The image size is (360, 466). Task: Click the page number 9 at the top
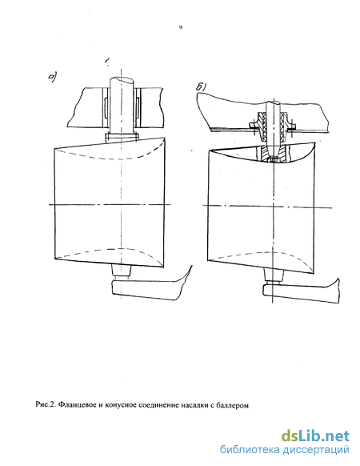[x=180, y=28]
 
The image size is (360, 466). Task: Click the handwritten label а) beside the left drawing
[x=53, y=78]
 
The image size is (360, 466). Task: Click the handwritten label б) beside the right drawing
[x=202, y=86]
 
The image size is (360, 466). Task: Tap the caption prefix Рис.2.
[x=46, y=404]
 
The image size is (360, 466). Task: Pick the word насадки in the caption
[x=194, y=405]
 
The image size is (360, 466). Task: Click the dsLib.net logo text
[x=315, y=436]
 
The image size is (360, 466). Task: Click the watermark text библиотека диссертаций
[x=285, y=450]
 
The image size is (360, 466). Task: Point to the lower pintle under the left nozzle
[x=121, y=271]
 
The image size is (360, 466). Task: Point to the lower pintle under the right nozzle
[x=274, y=275]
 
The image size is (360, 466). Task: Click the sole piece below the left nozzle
[x=149, y=289]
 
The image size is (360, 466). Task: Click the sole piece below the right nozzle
[x=300, y=293]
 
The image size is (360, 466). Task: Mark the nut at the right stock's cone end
[x=273, y=160]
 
